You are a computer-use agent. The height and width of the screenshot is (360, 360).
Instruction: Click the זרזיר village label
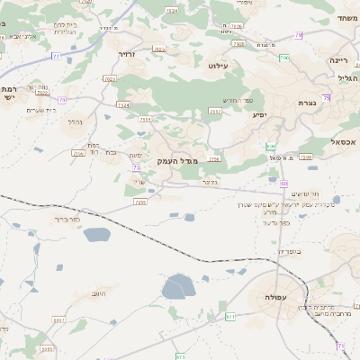click(126, 54)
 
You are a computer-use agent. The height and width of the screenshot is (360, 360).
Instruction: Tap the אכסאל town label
click(344, 142)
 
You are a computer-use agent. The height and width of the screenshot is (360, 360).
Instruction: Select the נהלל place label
click(77, 121)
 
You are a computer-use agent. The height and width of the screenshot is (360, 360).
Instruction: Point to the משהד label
click(347, 18)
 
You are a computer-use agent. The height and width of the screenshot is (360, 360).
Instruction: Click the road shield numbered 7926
click(239, 42)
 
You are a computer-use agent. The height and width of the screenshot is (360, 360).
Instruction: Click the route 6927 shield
click(59, 320)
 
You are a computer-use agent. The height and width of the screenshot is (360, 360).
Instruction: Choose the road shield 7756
click(213, 159)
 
